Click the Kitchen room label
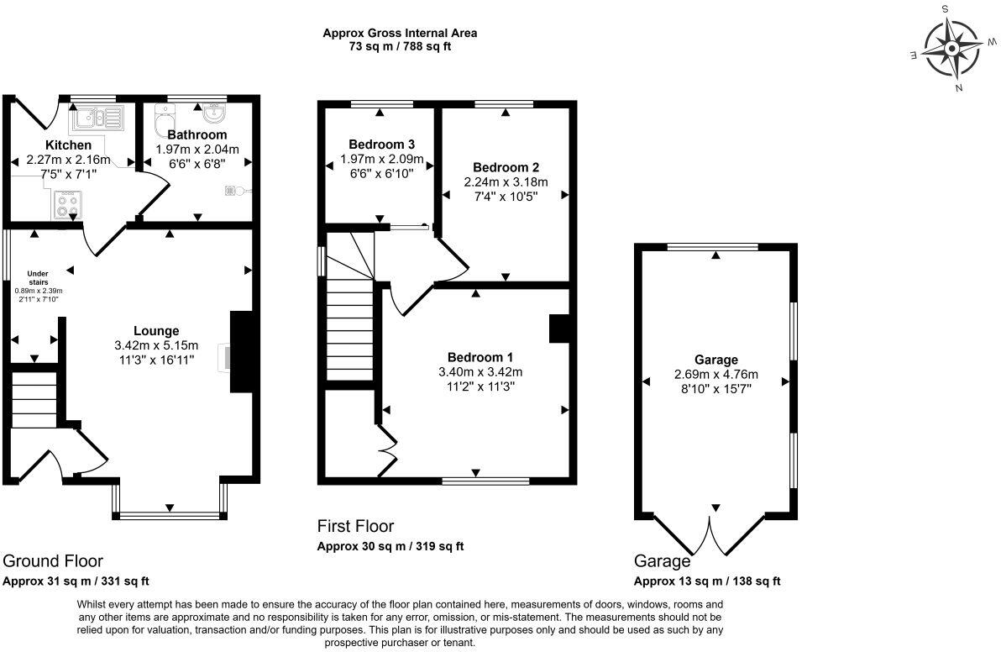pyautogui.click(x=68, y=145)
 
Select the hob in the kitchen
pyautogui.click(x=68, y=204)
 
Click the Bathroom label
pyautogui.click(x=197, y=134)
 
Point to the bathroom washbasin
pyautogui.click(x=214, y=113)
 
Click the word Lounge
pyautogui.click(x=156, y=331)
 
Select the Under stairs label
pyautogui.click(x=39, y=278)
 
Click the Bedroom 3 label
pyautogui.click(x=382, y=145)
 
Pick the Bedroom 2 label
pyautogui.click(x=506, y=167)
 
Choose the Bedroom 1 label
pyautogui.click(x=480, y=357)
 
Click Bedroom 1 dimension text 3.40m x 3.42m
pyautogui.click(x=480, y=371)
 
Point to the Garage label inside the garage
pyautogui.click(x=716, y=360)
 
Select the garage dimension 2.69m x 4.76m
pyautogui.click(x=716, y=374)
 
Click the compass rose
pyautogui.click(x=951, y=49)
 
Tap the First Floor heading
pyautogui.click(x=355, y=526)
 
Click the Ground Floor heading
pyautogui.click(x=53, y=560)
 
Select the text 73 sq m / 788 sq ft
pyautogui.click(x=400, y=46)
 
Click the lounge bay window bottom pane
pyautogui.click(x=170, y=515)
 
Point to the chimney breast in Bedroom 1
pyautogui.click(x=558, y=329)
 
